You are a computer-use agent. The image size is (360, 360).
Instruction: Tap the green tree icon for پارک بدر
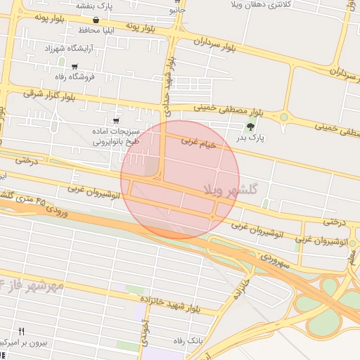[x=251, y=127]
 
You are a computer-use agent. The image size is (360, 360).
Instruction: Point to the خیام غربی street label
[x=206, y=142]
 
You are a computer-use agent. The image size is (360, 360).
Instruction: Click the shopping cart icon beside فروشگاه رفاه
[x=75, y=67]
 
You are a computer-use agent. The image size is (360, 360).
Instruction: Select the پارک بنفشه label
[x=96, y=6]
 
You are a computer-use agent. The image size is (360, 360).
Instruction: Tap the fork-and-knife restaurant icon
[x=22, y=331]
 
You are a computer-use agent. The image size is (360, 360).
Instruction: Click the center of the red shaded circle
[x=180, y=180]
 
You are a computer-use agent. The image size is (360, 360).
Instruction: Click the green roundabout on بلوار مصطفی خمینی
[x=284, y=117]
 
